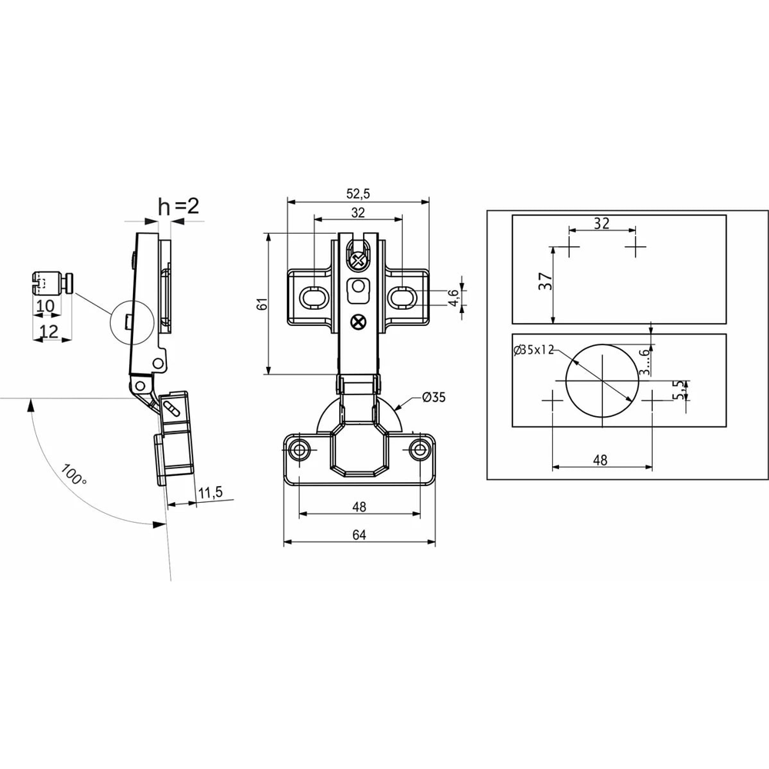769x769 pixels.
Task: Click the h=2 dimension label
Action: click(179, 206)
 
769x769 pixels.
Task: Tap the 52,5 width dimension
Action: click(358, 194)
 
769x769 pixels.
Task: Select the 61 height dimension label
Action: click(263, 304)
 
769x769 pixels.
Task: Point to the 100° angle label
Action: click(74, 474)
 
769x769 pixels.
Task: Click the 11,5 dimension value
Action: click(210, 492)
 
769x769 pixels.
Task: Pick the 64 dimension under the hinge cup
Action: click(359, 534)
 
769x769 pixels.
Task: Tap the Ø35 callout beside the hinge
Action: click(434, 397)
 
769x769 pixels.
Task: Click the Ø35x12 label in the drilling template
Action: click(534, 350)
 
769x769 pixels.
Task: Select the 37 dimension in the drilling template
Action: click(545, 281)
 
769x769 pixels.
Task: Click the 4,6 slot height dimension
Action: click(454, 297)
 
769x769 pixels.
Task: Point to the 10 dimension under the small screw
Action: click(45, 305)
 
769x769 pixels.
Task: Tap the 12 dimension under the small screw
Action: click(49, 331)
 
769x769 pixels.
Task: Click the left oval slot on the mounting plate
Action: click(313, 297)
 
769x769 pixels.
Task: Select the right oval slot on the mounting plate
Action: click(403, 297)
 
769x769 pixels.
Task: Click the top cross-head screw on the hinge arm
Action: click(358, 261)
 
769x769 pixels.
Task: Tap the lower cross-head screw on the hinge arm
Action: click(358, 322)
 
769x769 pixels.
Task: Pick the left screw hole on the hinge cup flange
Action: click(298, 449)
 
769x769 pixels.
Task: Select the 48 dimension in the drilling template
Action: click(601, 460)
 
